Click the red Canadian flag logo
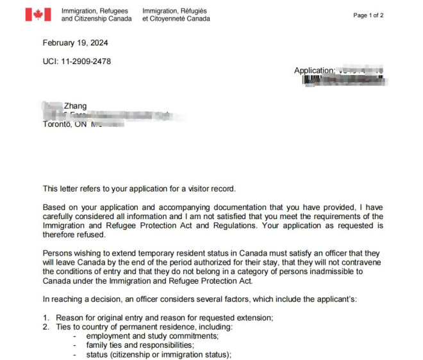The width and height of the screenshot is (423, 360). point(38,15)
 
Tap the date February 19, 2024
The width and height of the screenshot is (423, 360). point(75,44)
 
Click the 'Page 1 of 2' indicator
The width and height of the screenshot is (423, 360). point(368,15)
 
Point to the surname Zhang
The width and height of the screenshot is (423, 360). point(75,106)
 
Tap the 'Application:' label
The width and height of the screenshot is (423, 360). point(314,70)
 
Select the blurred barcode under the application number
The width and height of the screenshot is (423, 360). point(342,80)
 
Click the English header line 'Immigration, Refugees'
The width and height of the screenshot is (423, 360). point(95,12)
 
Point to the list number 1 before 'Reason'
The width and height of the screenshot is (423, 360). point(46,318)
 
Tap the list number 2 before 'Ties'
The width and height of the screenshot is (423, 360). point(46,327)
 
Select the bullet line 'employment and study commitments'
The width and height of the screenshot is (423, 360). point(153,336)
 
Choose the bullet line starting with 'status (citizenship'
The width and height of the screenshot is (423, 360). point(158,354)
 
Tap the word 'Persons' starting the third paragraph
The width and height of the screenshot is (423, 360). point(58,254)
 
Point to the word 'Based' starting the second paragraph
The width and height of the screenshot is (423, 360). point(54,208)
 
